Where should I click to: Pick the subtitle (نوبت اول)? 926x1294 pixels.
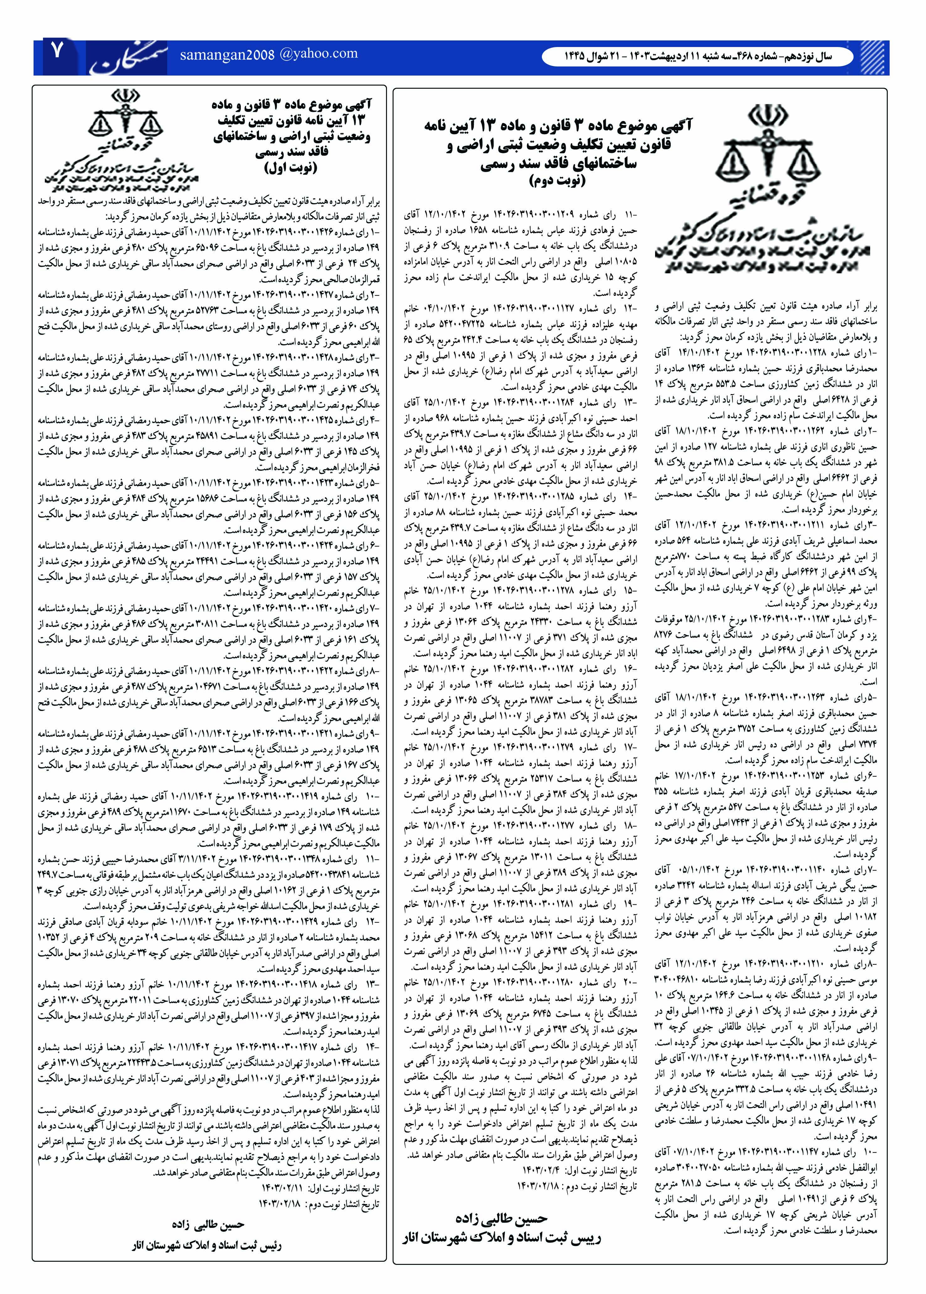(291, 168)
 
